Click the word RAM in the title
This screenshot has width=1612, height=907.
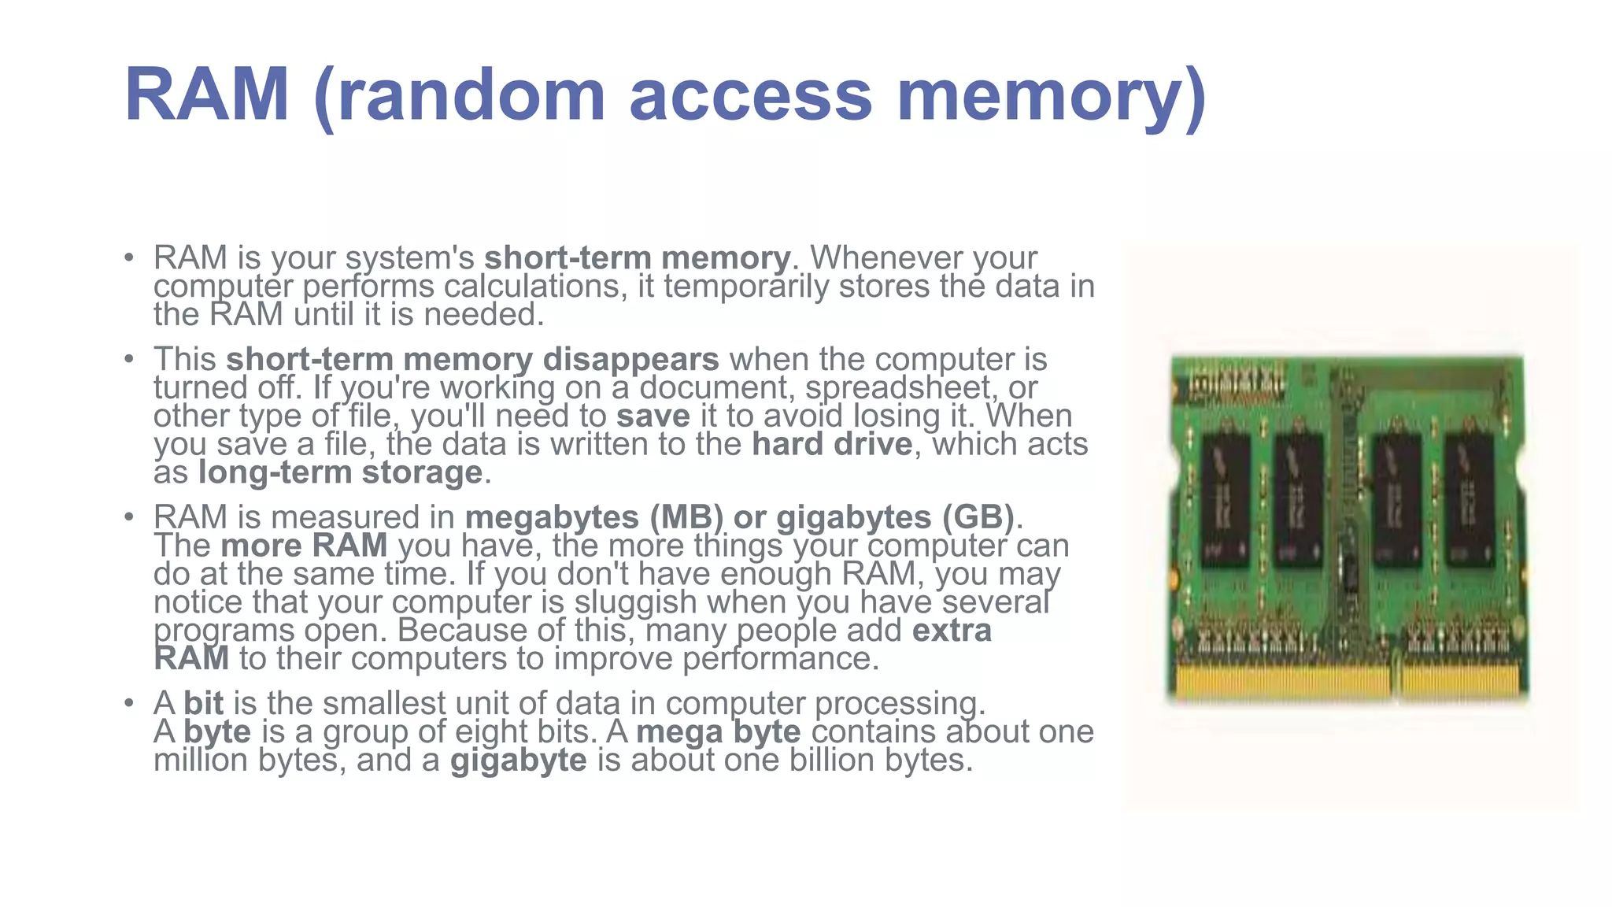(207, 96)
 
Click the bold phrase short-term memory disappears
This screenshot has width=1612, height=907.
(472, 359)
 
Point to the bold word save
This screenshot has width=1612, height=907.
(653, 416)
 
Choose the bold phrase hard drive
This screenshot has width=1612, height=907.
(832, 444)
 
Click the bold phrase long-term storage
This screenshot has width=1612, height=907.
(340, 472)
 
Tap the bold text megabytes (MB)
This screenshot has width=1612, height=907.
(594, 517)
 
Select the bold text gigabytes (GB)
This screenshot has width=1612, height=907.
(895, 517)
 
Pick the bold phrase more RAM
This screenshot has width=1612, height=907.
(304, 546)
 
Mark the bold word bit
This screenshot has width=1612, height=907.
(203, 703)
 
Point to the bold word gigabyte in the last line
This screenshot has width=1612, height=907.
(519, 761)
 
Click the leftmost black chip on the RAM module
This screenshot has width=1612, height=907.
(1226, 499)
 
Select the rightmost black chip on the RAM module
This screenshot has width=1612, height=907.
(1470, 499)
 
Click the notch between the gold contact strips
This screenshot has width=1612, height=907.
(1396, 683)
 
